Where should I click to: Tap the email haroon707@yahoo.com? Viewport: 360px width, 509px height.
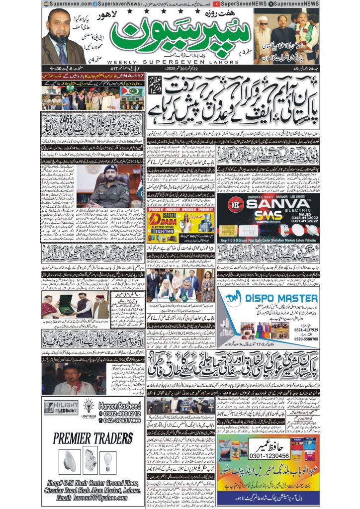(x=95, y=498)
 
